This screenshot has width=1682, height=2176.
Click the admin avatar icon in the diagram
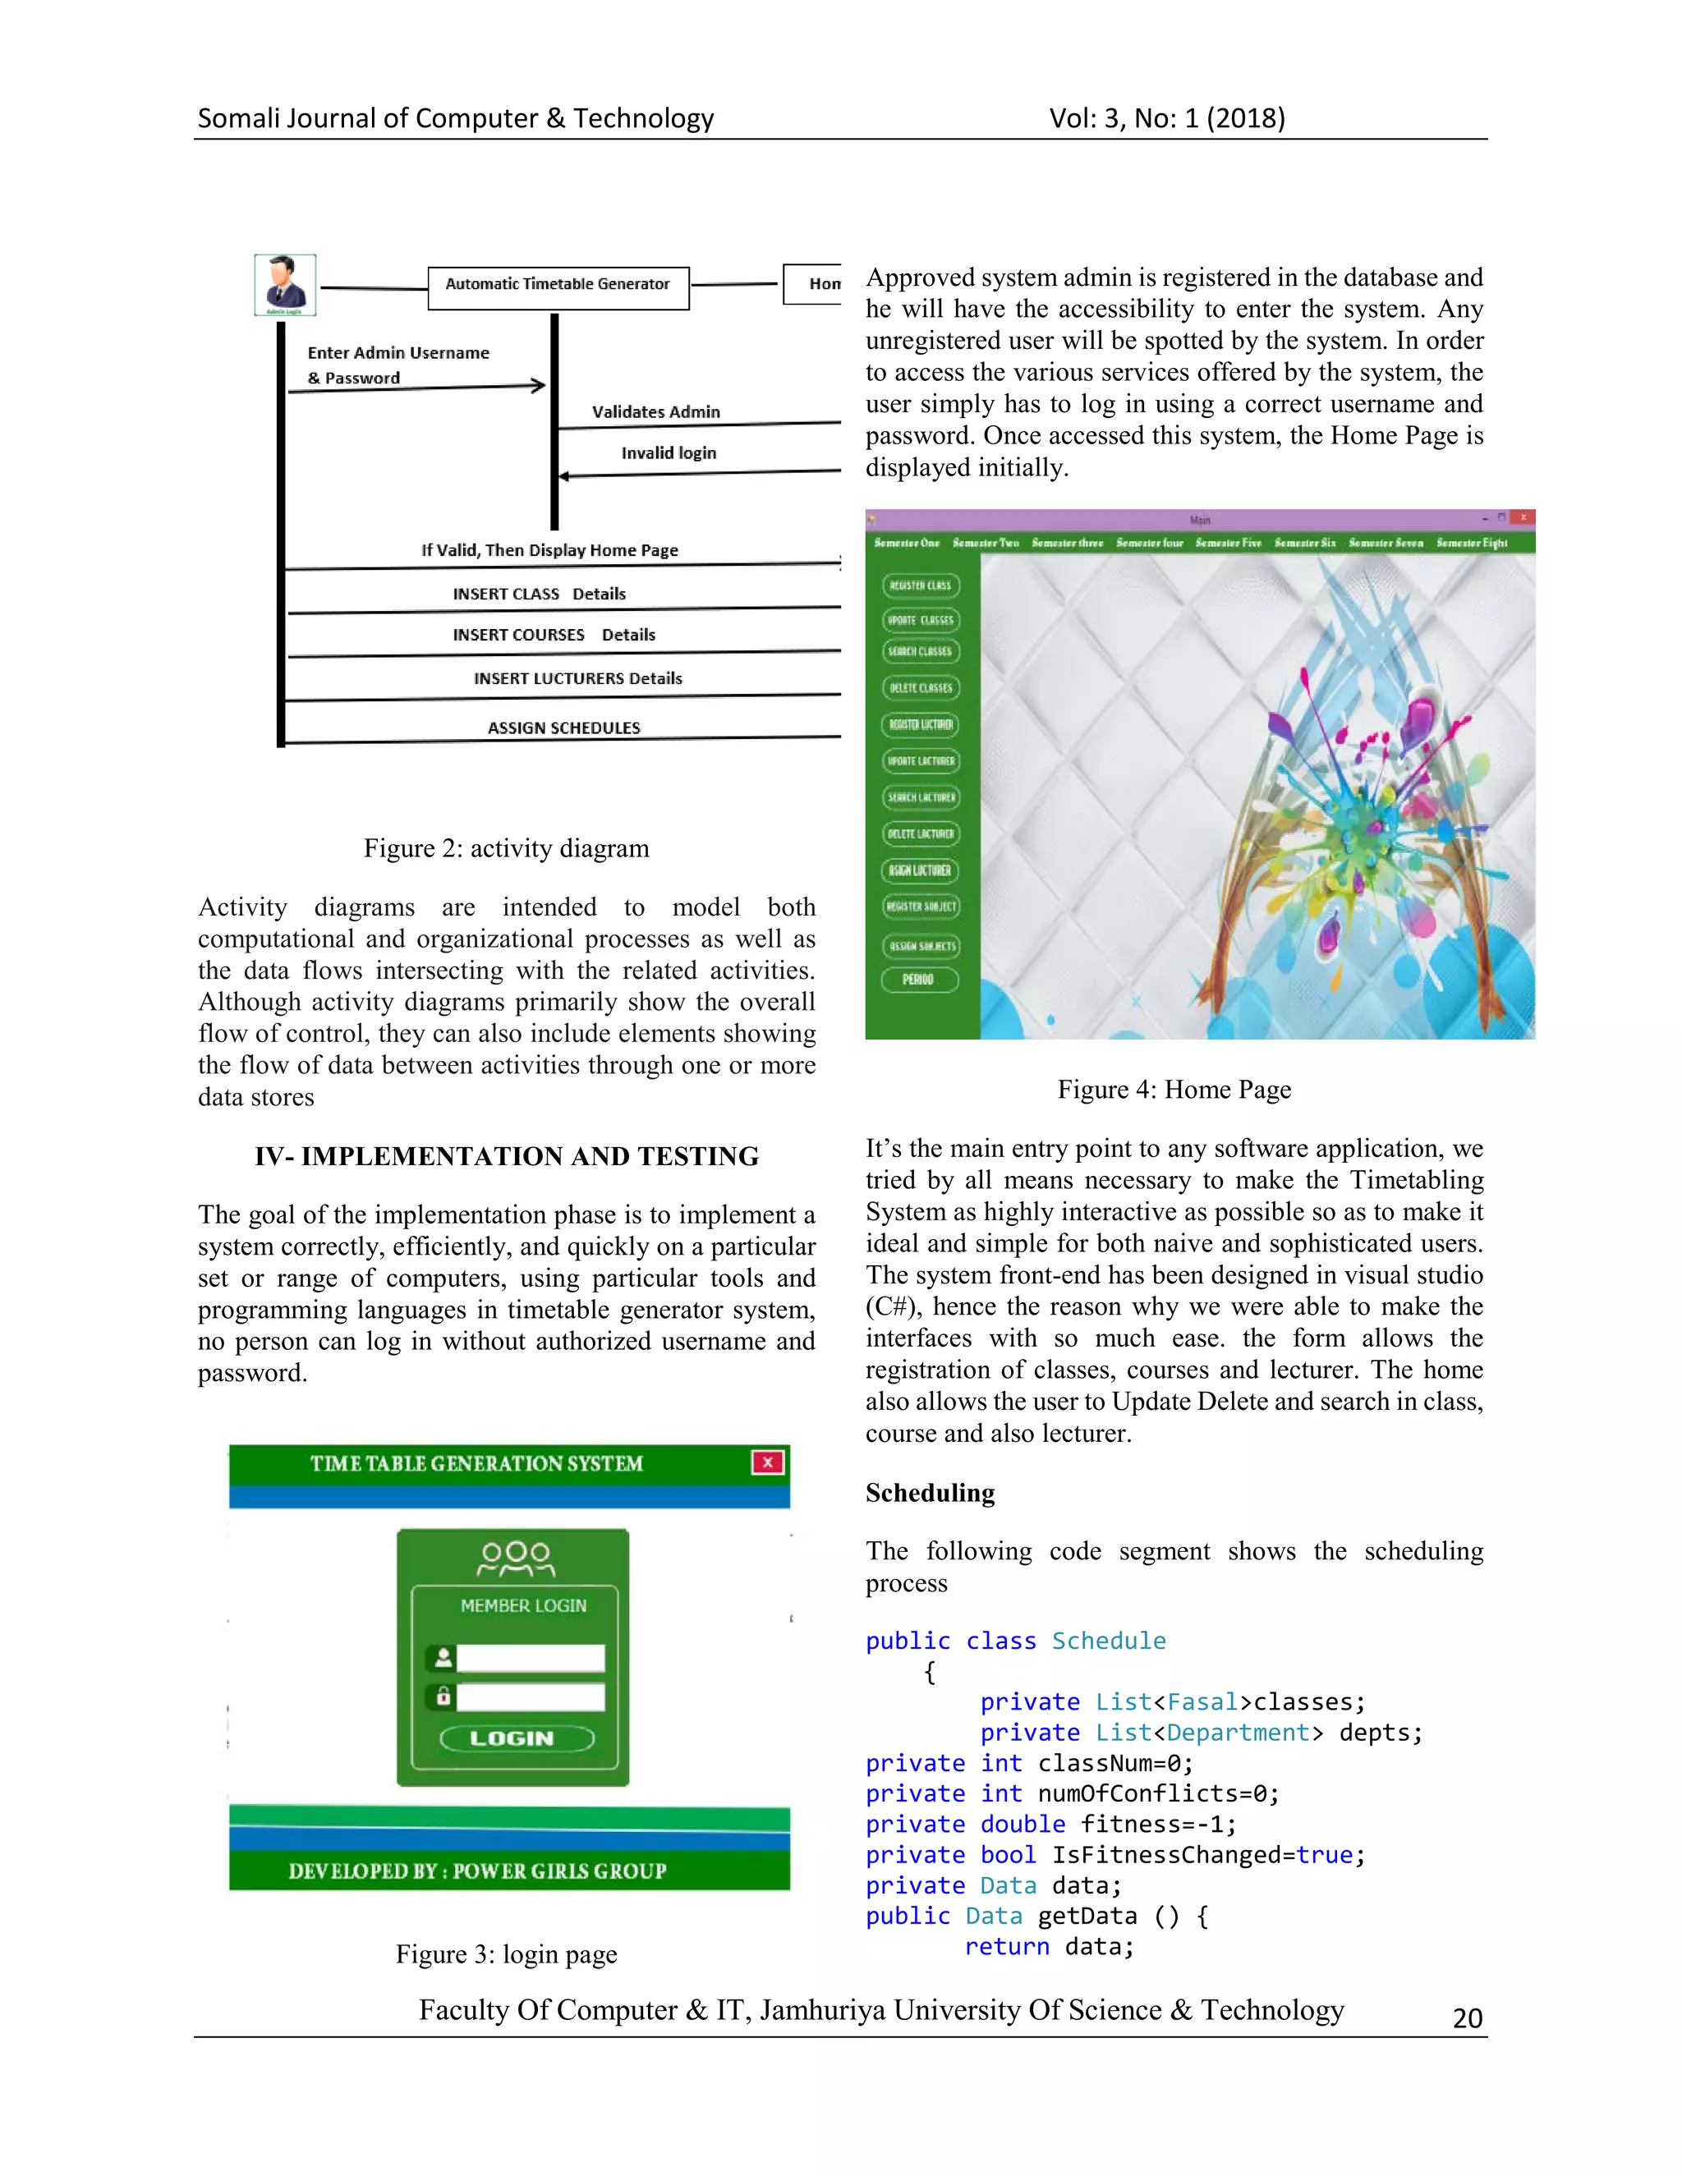coord(285,284)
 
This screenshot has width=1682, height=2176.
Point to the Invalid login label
coord(669,453)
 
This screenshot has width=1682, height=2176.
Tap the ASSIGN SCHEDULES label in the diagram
coord(564,728)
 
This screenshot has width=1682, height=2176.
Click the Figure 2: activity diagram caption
coord(506,848)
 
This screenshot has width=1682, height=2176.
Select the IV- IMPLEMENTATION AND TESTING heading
coord(506,1156)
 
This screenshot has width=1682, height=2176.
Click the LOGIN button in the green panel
coord(516,1738)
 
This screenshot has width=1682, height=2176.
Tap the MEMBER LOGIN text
coord(523,1606)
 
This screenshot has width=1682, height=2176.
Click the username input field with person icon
coord(530,1658)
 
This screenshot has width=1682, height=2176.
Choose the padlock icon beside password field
coord(443,1696)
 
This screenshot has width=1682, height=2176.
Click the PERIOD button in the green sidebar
coord(919,980)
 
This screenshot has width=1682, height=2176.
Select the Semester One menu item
coord(907,543)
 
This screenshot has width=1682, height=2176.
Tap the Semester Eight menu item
coord(1472,543)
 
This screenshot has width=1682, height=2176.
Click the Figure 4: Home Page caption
coord(1174,1089)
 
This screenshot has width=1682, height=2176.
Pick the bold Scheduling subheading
coord(930,1493)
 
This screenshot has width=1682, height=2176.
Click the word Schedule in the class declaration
coord(1108,1641)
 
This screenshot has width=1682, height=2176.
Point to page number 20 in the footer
coord(1468,2018)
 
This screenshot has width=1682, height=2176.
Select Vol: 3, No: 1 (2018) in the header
coord(1167,118)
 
